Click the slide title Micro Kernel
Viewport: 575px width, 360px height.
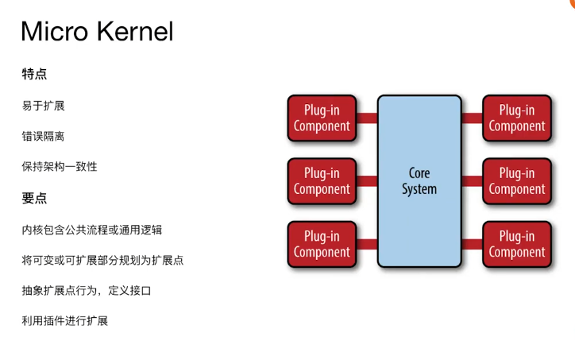(97, 31)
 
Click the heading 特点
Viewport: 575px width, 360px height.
(34, 74)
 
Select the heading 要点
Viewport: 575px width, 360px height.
(34, 198)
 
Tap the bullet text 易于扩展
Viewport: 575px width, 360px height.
(43, 106)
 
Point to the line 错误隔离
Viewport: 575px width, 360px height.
(43, 136)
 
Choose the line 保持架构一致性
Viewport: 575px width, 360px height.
(60, 167)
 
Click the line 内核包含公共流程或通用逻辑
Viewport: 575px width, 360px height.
(91, 230)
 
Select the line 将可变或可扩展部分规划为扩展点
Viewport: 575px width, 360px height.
(102, 260)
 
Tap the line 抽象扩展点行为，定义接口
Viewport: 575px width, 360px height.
(87, 291)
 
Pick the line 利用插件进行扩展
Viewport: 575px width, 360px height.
(65, 321)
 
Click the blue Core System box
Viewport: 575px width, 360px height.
(419, 181)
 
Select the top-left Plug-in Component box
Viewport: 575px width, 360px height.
(322, 118)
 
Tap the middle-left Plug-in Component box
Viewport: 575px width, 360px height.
(322, 181)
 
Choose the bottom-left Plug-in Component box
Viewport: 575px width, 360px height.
(322, 244)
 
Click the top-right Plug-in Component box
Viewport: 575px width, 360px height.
(517, 118)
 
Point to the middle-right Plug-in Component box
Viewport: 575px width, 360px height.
(517, 181)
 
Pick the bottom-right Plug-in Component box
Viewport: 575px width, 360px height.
(517, 244)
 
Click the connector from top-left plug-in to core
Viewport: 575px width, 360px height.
(367, 118)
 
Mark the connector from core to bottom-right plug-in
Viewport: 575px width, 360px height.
(472, 244)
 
